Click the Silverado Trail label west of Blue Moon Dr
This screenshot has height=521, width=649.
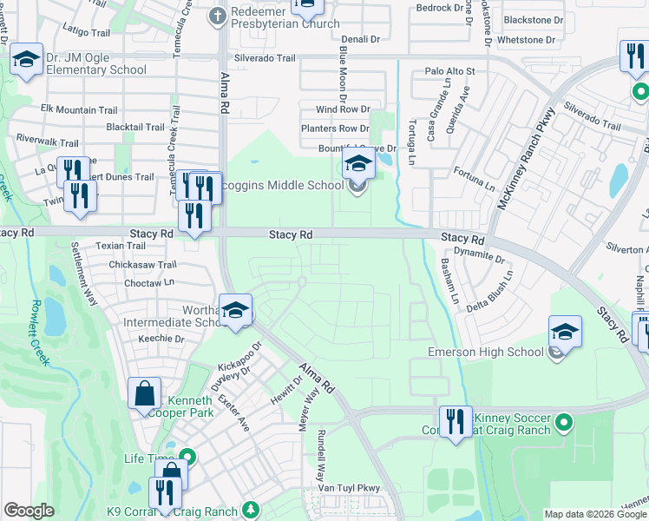(263, 58)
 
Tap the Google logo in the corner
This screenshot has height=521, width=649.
(29, 511)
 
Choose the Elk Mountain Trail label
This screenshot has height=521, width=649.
(79, 110)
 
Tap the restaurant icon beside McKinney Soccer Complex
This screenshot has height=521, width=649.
(456, 421)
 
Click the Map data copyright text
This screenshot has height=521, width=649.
(595, 514)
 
